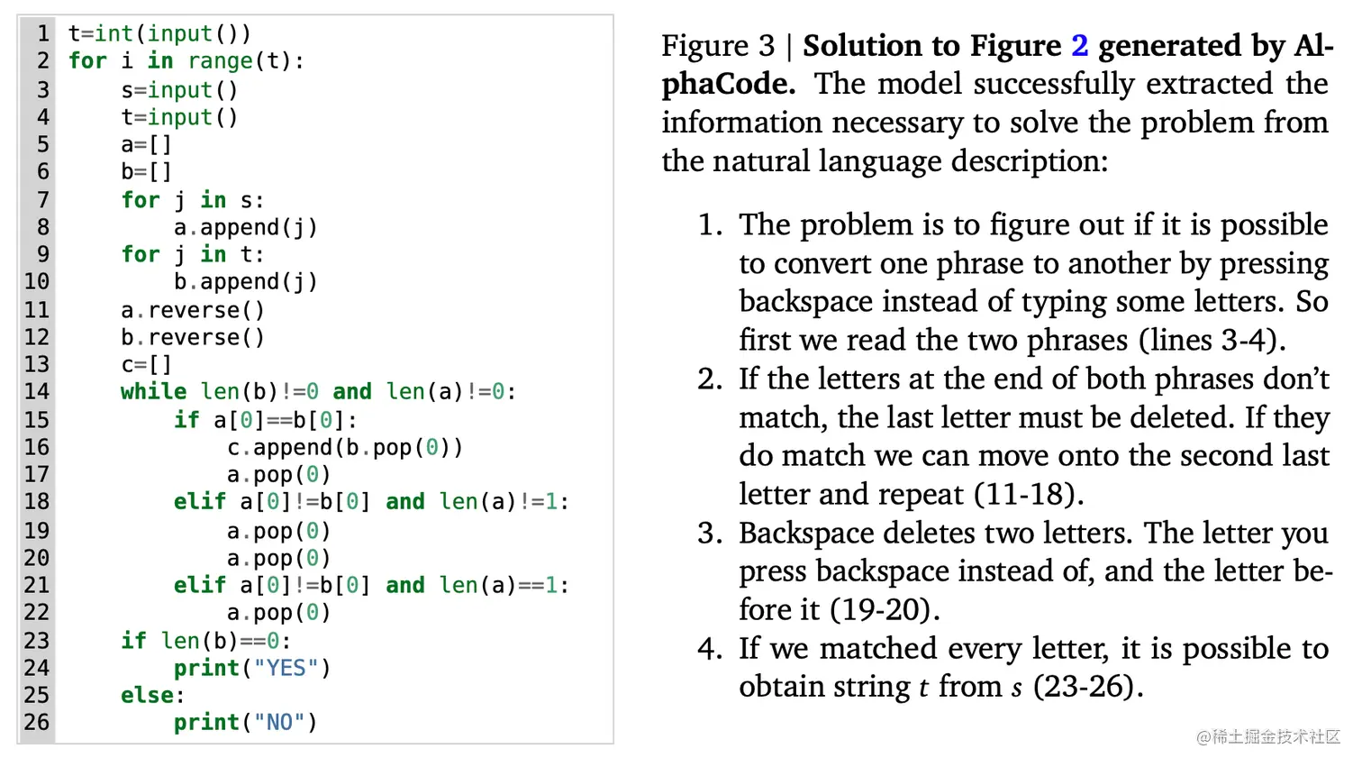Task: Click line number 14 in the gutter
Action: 37,391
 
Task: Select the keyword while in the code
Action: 154,391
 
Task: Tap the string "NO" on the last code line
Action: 279,723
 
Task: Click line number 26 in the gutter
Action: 37,723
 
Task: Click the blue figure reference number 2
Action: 1079,45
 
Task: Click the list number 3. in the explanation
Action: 710,533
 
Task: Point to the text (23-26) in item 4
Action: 1087,687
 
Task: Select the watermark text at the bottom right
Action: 1268,736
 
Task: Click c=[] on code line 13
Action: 146,364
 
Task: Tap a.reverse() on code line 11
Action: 193,310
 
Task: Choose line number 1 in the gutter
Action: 42,33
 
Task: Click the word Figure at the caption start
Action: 705,45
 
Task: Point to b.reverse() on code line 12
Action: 193,337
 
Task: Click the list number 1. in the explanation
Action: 710,224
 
